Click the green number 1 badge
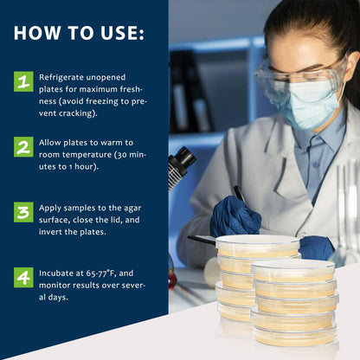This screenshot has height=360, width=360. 23,81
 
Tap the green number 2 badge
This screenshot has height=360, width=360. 23,146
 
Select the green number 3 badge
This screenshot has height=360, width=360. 23,212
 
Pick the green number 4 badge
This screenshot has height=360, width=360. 23,277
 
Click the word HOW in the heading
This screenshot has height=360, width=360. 39,34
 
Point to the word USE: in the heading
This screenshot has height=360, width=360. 118,34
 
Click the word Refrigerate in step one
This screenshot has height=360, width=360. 66,76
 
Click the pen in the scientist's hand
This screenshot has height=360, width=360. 239,195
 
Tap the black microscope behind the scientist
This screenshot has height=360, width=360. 181,164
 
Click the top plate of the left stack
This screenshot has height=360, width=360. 257,246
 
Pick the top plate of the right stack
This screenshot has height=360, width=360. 294,270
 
